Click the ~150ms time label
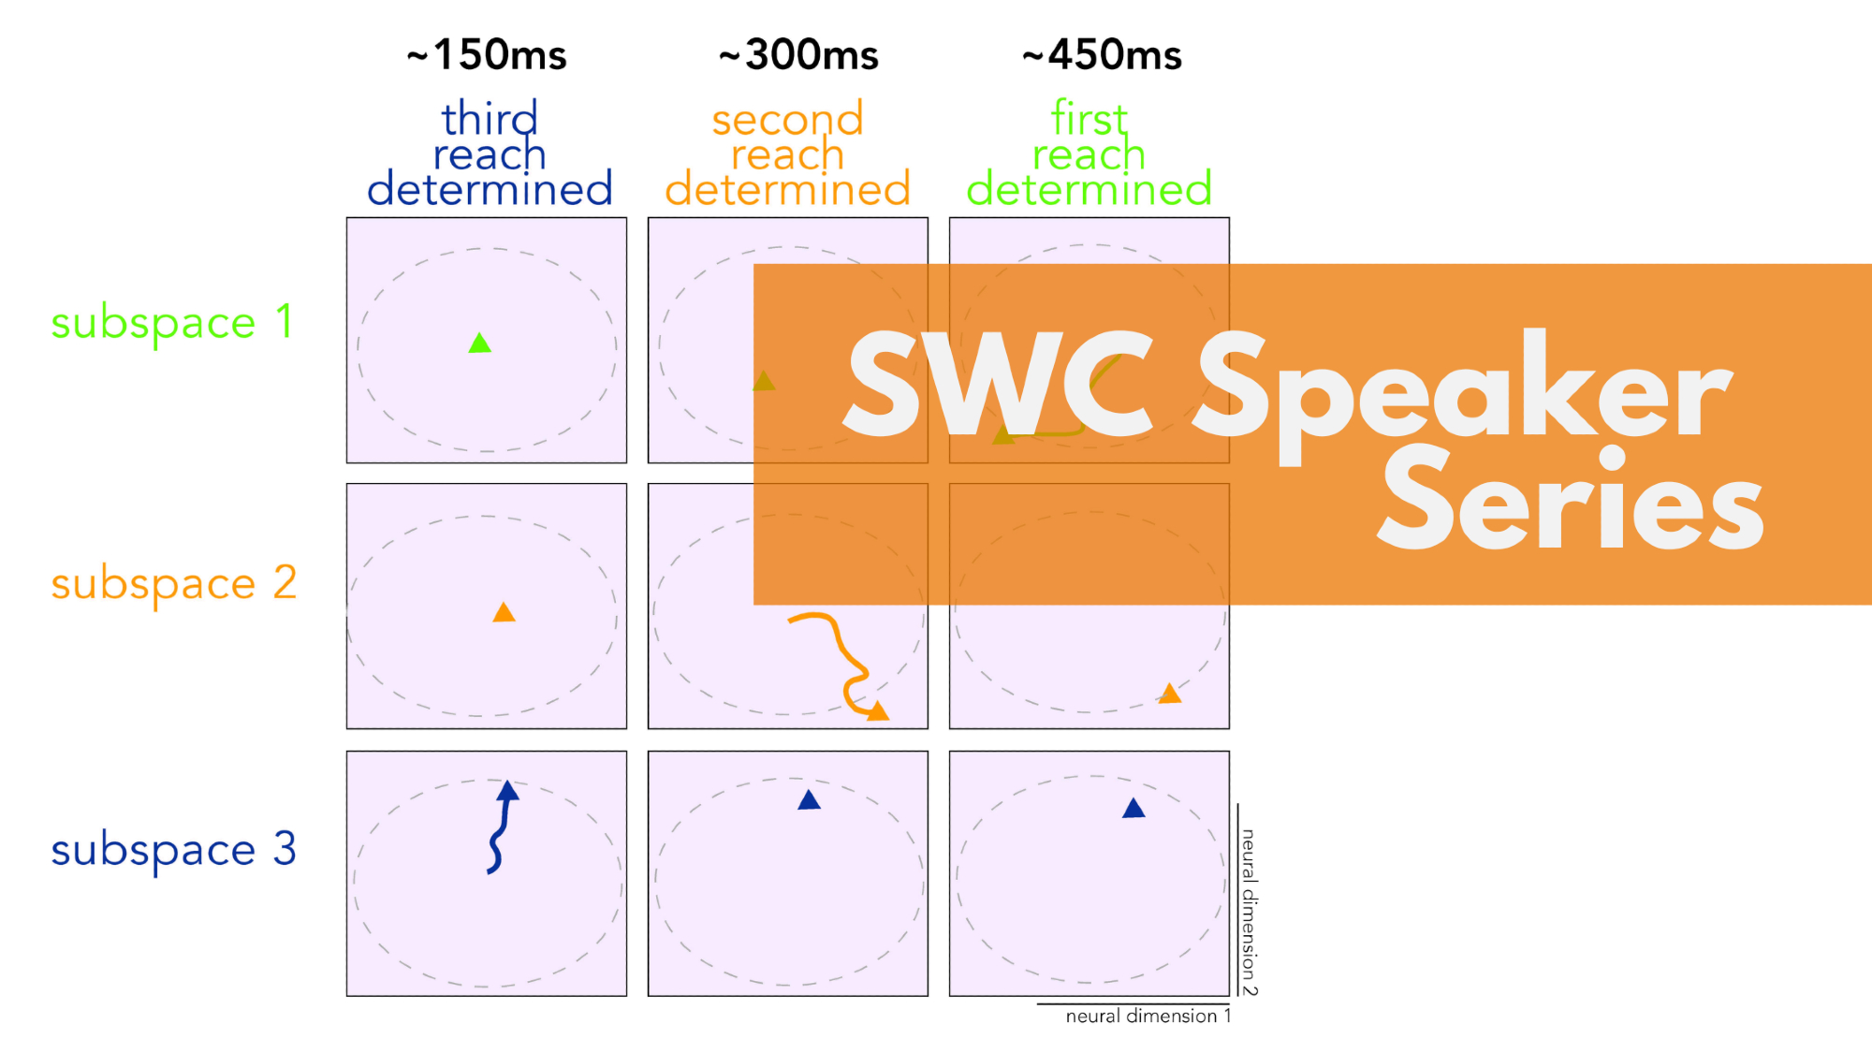pos(487,55)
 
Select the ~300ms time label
pos(798,55)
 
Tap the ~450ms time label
pos(1102,55)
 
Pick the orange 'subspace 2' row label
pos(173,584)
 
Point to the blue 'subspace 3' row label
pos(173,850)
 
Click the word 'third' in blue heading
pos(490,119)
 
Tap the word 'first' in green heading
pos(1089,119)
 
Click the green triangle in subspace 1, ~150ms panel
pos(480,344)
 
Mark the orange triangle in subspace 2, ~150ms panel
pos(504,612)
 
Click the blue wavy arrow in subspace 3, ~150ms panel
pos(502,828)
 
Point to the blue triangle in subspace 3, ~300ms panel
pos(809,799)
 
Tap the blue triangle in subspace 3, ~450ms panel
pos(1133,808)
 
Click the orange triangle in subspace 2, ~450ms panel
pos(1170,694)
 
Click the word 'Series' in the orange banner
pos(1571,500)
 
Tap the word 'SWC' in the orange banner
pos(998,384)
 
